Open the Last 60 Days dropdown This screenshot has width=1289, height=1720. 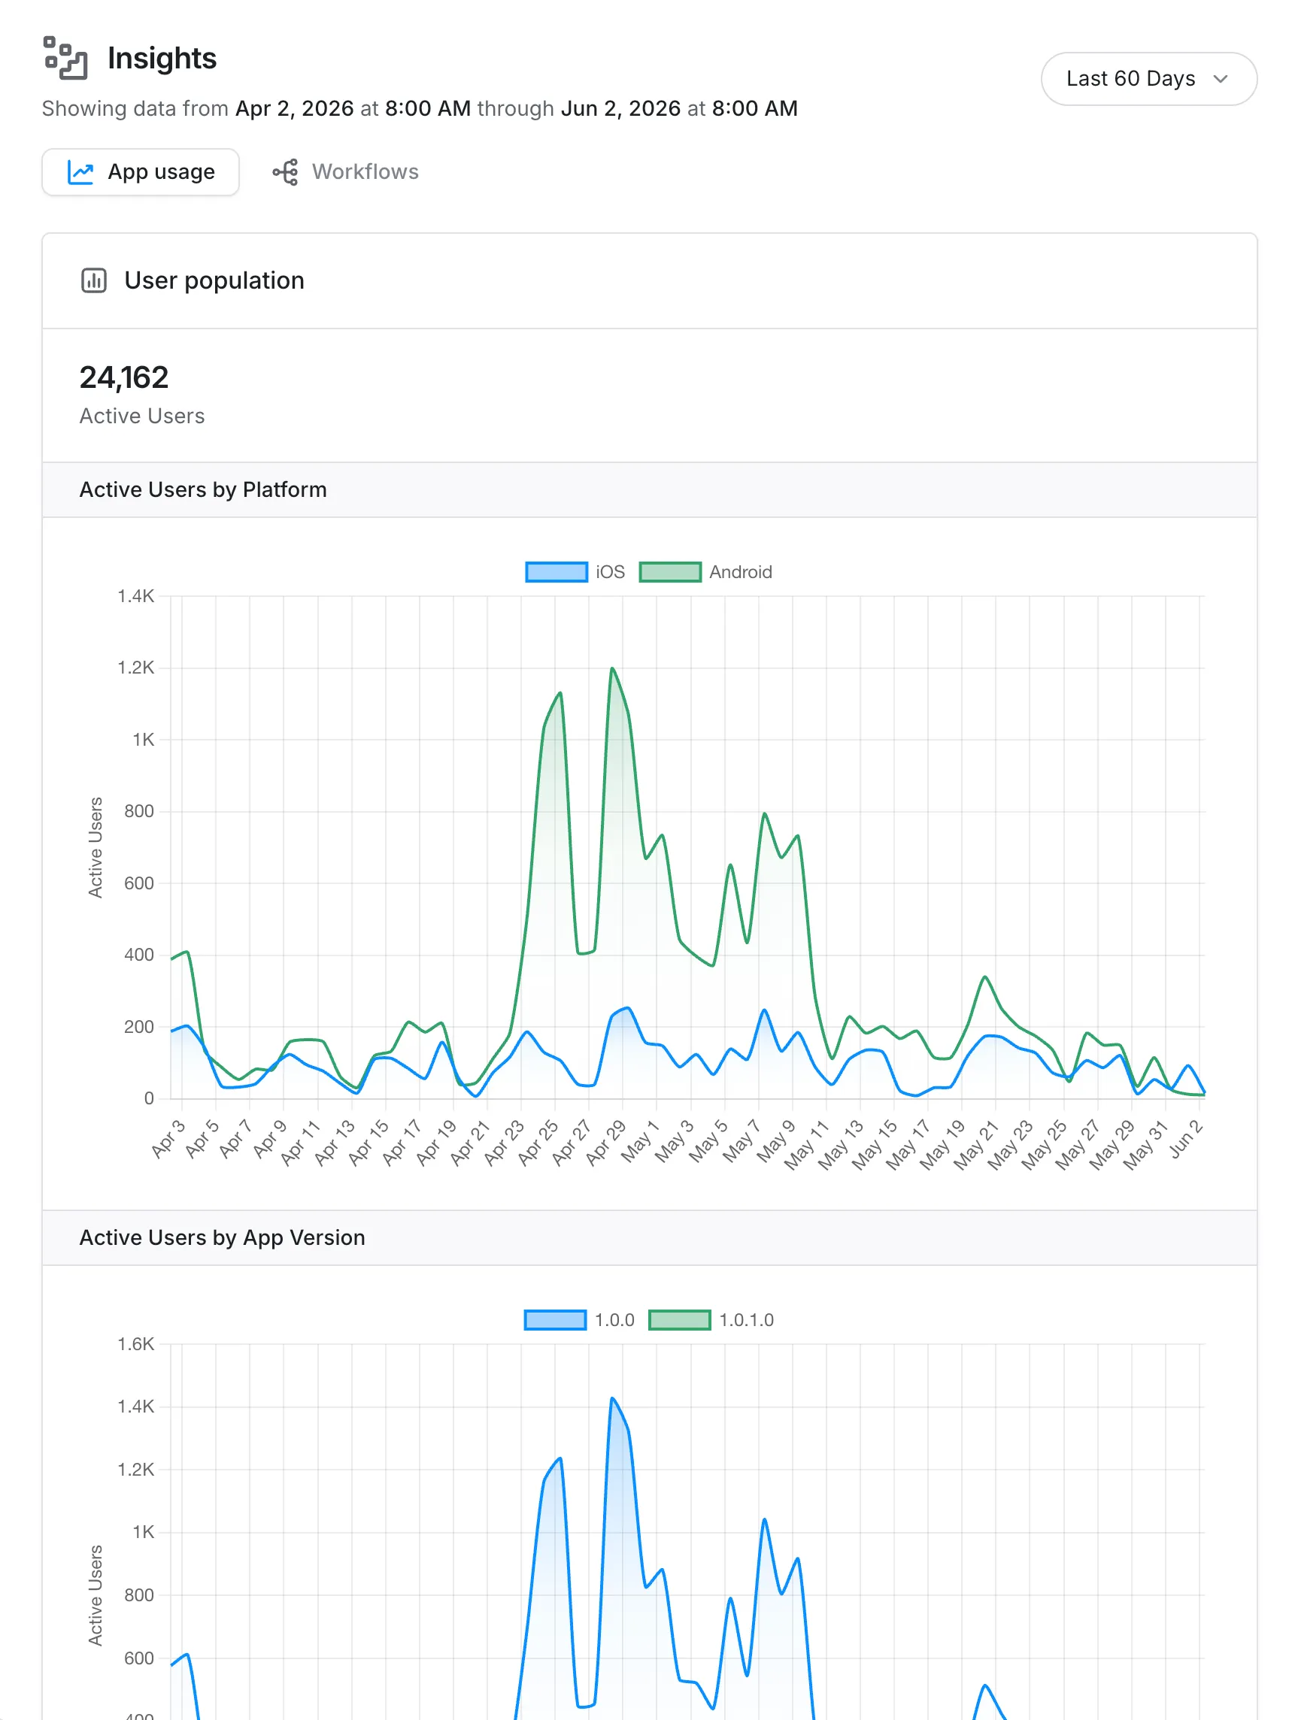1148,78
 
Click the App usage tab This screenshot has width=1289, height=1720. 141,172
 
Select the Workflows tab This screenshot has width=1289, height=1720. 345,172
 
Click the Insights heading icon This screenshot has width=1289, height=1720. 65,59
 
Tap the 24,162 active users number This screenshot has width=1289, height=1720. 123,377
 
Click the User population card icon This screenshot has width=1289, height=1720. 94,280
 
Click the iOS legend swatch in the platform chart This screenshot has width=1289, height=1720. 557,572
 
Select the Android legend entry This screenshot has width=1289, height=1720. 705,572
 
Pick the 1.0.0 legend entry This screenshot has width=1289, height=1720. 580,1319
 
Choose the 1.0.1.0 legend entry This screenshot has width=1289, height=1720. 711,1319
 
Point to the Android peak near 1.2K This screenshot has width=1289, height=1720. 613,668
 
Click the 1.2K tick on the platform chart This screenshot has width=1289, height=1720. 136,668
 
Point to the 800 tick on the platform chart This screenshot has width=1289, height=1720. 139,811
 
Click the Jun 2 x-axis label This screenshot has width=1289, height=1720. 1186,1140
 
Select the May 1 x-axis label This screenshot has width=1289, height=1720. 639,1141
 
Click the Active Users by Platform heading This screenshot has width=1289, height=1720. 203,490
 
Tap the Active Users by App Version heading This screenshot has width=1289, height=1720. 223,1237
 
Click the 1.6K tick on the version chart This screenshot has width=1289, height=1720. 136,1343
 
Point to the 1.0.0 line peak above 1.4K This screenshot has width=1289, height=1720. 613,1398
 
